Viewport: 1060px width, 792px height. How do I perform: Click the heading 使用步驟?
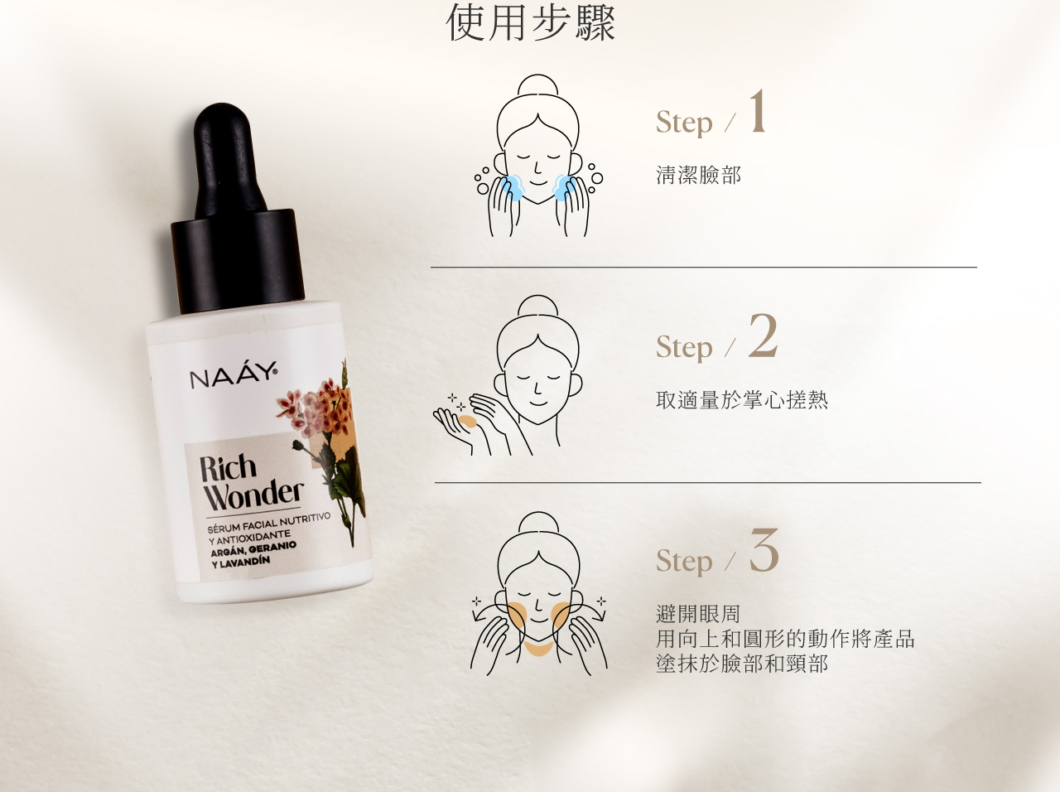coord(530,22)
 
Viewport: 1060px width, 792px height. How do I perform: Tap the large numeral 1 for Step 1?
coord(758,111)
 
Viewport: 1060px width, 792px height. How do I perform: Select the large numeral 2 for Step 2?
coord(763,336)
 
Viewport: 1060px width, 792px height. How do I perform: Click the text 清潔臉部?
coord(698,175)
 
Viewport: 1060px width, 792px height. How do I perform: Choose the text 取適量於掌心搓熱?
coord(742,400)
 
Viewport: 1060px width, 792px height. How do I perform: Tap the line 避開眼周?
coord(698,614)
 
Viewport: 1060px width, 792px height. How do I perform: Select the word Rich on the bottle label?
coord(228,467)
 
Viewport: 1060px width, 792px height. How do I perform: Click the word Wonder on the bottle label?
coord(254,495)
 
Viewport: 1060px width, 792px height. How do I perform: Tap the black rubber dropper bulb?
coord(228,159)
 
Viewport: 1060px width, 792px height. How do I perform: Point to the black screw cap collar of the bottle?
coord(238,261)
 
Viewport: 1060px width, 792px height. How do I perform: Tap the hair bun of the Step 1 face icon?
coord(537,85)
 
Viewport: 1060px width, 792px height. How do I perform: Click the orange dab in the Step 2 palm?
coord(467,422)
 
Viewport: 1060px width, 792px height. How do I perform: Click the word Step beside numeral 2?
coord(684,347)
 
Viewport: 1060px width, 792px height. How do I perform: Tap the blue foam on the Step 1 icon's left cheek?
coord(513,187)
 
